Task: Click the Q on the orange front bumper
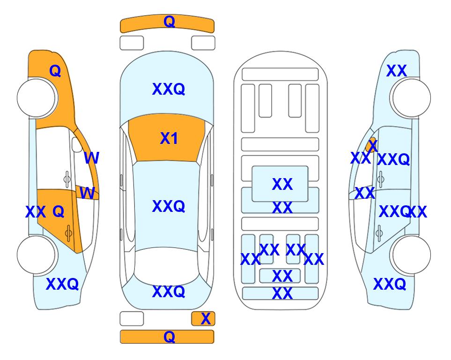[169, 22]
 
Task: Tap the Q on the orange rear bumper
[169, 337]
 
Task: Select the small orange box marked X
[203, 319]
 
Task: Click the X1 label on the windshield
[169, 138]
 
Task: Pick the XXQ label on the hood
[169, 89]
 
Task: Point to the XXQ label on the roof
[169, 206]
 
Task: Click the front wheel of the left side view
[37, 98]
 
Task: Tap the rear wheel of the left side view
[37, 255]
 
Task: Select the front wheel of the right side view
[411, 98]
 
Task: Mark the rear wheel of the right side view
[411, 255]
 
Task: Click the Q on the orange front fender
[55, 71]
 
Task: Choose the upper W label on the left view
[92, 158]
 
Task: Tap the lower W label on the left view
[87, 193]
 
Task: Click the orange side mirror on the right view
[371, 145]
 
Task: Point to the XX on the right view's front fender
[397, 71]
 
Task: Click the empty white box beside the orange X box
[132, 319]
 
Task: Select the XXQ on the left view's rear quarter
[62, 284]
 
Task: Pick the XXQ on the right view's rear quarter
[390, 284]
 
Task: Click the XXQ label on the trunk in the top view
[169, 292]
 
